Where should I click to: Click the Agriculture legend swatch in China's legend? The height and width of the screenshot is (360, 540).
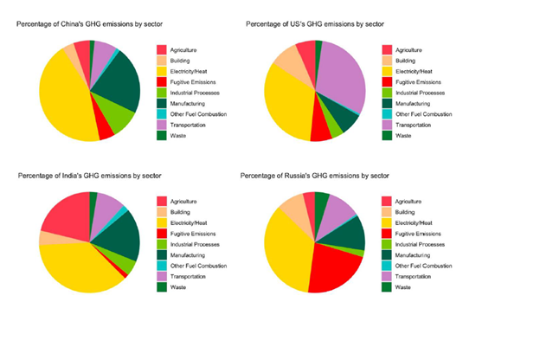[162, 49]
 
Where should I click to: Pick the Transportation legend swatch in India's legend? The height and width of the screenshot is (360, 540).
[162, 276]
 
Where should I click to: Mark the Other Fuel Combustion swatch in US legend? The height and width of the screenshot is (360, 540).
[387, 113]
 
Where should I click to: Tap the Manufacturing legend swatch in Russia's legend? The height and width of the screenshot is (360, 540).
[387, 255]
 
